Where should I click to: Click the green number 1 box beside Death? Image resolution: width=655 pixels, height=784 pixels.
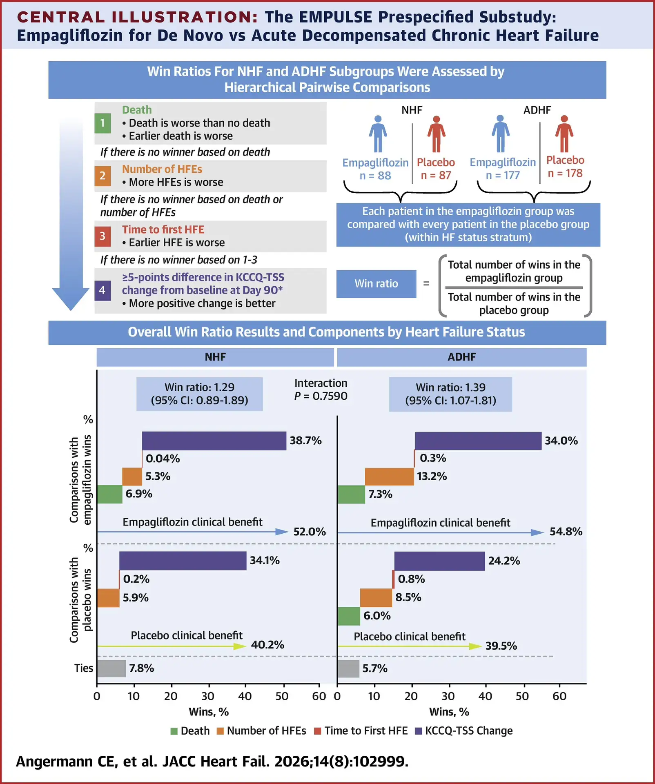click(x=102, y=123)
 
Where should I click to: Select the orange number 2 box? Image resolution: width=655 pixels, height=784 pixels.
click(x=102, y=176)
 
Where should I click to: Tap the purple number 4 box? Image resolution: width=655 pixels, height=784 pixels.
click(x=102, y=290)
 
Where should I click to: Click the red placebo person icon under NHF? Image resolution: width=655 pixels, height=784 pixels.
click(x=436, y=134)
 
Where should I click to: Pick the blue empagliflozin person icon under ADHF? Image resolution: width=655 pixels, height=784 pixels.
click(x=501, y=134)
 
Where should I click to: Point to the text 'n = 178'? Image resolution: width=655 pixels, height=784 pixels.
click(x=565, y=174)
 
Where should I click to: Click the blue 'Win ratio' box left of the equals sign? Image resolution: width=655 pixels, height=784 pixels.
click(x=376, y=284)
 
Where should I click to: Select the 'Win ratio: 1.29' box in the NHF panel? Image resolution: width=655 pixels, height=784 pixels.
click(x=199, y=394)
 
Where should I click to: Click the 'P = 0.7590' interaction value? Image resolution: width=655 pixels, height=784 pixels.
click(x=321, y=396)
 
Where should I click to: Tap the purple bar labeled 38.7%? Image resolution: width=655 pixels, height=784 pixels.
click(x=214, y=441)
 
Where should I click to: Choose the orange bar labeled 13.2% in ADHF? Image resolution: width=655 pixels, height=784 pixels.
click(x=390, y=477)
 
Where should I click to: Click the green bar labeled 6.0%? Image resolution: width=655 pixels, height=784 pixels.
click(x=349, y=616)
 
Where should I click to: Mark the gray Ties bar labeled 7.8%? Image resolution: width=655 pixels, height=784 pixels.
click(x=111, y=668)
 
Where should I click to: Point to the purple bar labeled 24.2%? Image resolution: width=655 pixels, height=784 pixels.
click(x=439, y=561)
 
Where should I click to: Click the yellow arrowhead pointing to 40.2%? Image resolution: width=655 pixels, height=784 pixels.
click(x=240, y=646)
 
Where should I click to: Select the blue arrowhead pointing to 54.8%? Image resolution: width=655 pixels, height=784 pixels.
click(x=537, y=532)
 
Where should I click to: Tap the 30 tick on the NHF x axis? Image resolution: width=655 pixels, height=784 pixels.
click(x=208, y=696)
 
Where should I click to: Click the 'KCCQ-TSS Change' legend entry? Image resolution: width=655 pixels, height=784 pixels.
click(x=464, y=731)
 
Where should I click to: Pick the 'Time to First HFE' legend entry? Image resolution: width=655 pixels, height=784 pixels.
click(x=361, y=731)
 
